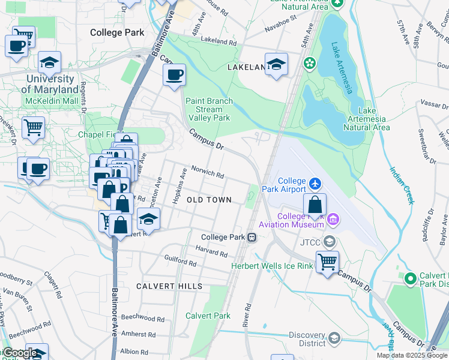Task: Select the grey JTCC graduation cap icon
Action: point(328,242)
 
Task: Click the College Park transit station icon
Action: point(253,237)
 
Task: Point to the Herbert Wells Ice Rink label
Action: point(273,265)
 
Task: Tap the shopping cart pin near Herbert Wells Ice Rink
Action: point(327,261)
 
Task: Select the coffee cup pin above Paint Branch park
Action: point(175,75)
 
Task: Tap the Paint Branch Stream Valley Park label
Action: point(209,110)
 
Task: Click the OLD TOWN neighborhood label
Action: point(209,200)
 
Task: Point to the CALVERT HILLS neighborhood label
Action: point(169,286)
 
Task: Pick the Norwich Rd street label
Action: point(208,172)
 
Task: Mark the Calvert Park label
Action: point(208,316)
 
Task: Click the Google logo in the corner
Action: point(20,353)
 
